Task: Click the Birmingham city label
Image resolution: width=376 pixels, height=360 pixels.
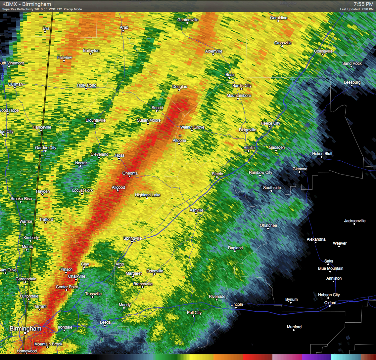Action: [x=25, y=329]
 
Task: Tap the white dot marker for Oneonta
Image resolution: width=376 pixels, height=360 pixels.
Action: [x=130, y=177]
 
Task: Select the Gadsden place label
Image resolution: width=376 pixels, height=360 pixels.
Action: [x=276, y=147]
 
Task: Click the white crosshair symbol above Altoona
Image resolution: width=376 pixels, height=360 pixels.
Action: [x=180, y=136]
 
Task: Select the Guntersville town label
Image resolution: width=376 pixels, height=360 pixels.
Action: [x=188, y=20]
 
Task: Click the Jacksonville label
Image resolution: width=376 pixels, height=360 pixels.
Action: [x=354, y=221]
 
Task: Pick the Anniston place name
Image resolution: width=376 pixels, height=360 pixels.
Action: [x=334, y=278]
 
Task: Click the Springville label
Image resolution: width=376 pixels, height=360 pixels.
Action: [x=132, y=238]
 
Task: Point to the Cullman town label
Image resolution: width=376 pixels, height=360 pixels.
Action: [x=15, y=84]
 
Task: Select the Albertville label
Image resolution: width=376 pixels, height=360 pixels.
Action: [x=213, y=51]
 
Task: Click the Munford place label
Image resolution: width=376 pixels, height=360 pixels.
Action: [x=294, y=327]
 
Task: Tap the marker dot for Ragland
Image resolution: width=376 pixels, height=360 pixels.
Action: [x=235, y=251]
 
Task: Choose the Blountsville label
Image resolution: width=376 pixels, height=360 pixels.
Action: [x=96, y=120]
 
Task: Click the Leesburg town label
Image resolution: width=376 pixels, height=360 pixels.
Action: [x=352, y=82]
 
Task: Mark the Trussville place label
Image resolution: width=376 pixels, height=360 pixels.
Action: [x=93, y=294]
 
